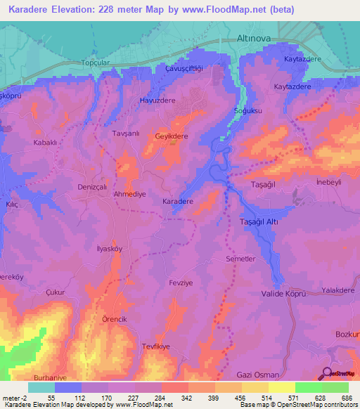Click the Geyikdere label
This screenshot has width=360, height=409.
(x=172, y=137)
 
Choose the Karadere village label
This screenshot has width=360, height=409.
(x=178, y=201)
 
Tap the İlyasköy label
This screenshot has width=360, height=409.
(x=89, y=248)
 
